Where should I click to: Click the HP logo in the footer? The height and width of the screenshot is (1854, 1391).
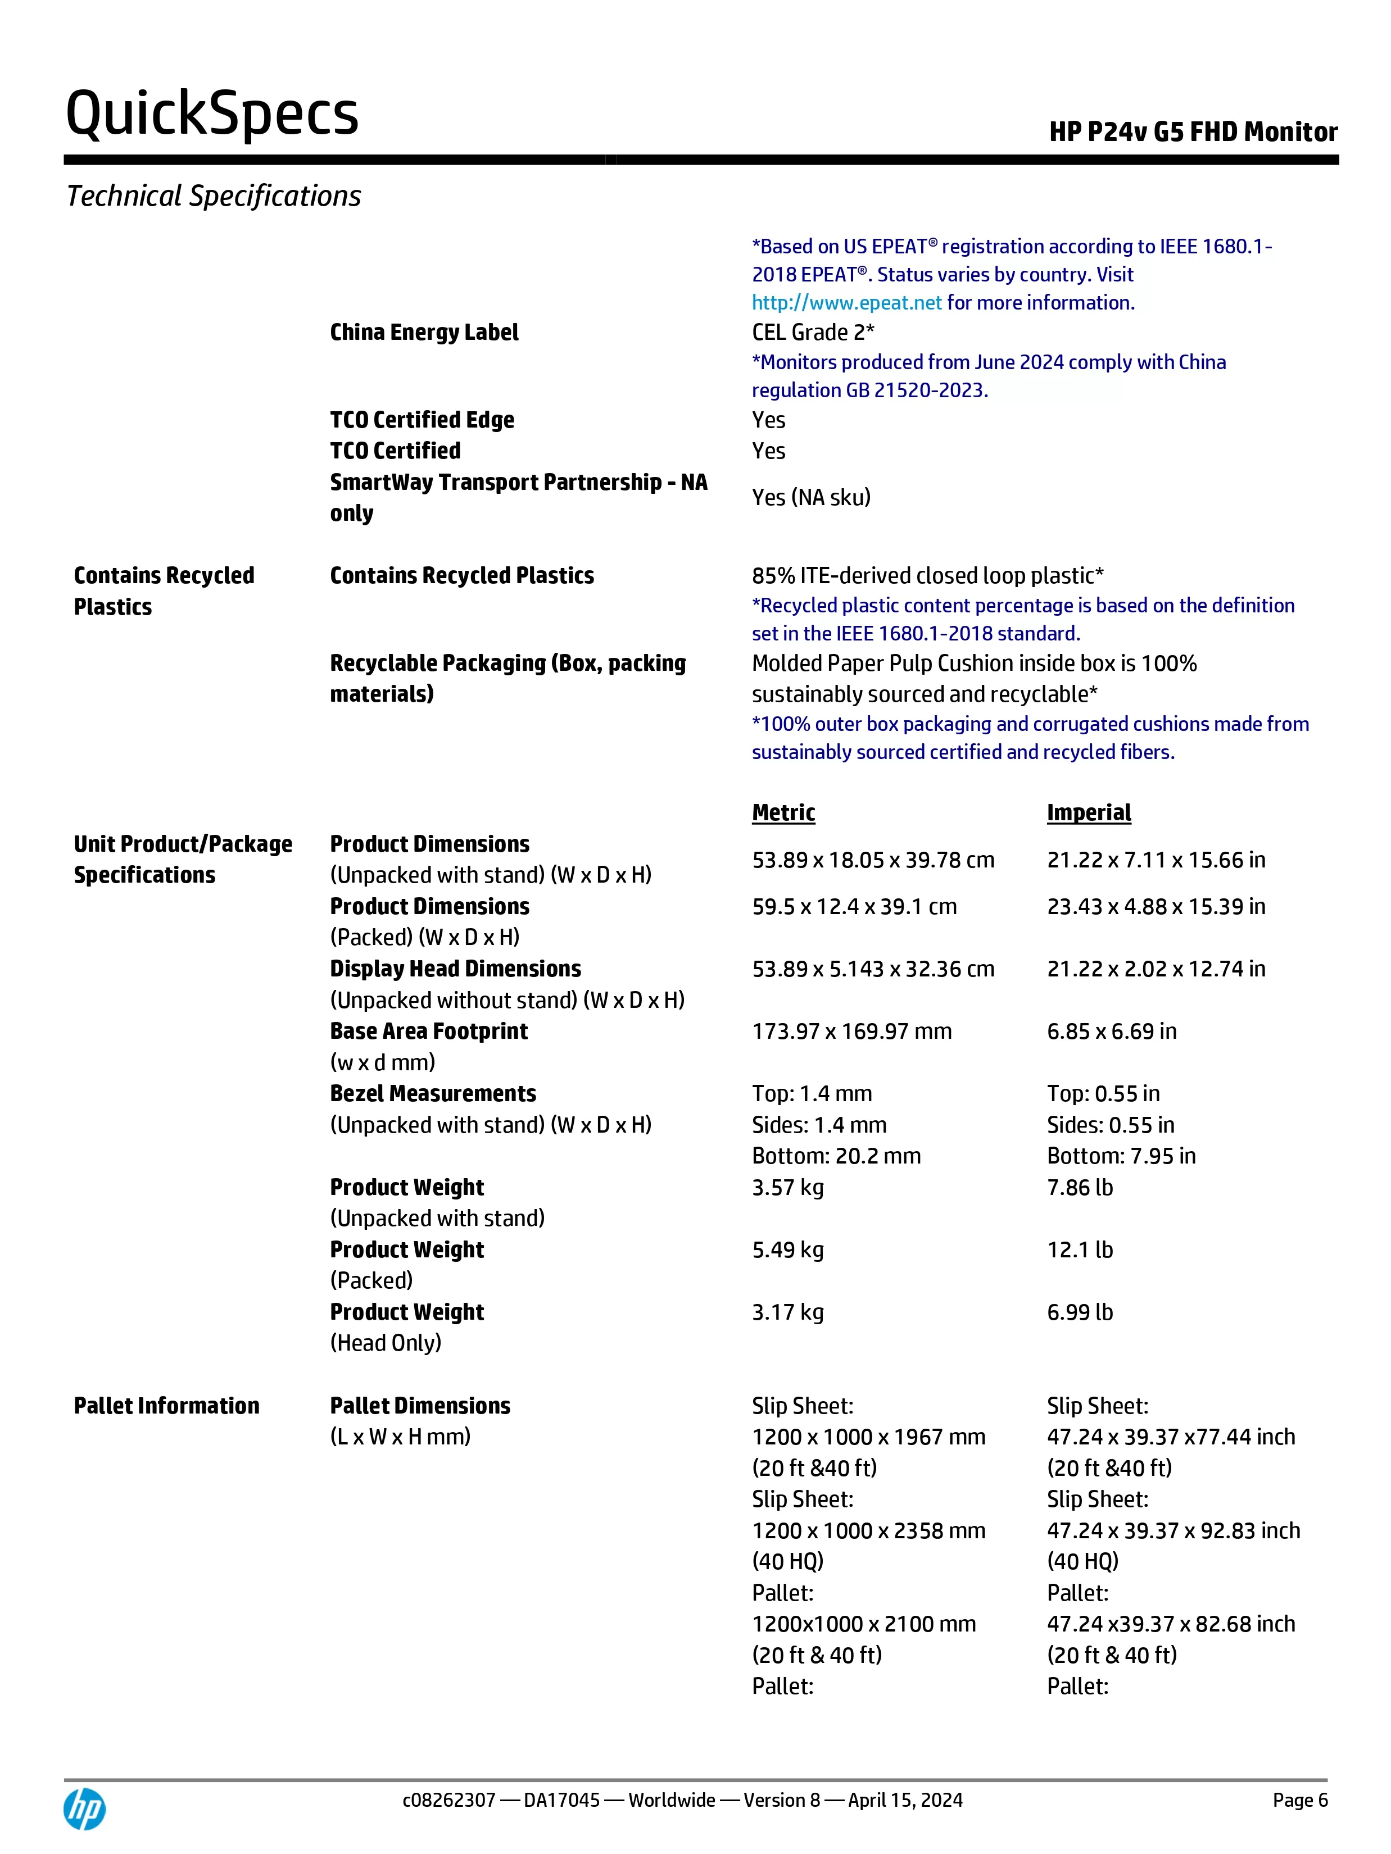coord(85,1808)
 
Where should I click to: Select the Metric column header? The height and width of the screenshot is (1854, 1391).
coord(783,812)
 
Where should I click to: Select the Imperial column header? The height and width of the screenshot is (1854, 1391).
coord(1088,812)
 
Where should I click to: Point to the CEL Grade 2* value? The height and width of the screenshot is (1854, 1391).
coord(813,332)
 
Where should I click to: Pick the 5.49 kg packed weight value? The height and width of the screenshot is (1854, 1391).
coord(787,1249)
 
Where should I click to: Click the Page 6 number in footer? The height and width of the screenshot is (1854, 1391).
coord(1299,1800)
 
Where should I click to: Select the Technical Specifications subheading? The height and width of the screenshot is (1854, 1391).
coord(214,196)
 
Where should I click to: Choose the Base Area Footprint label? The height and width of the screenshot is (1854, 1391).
coord(428,1031)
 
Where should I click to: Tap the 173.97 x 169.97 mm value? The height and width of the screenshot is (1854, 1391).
coord(851,1031)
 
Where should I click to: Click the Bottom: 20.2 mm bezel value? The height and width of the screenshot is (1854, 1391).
coord(836,1156)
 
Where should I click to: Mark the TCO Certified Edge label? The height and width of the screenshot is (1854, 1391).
coord(422,419)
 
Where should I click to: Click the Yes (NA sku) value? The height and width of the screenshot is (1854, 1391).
coord(811,497)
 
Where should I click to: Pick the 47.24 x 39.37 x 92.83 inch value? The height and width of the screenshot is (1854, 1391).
coord(1173,1530)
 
